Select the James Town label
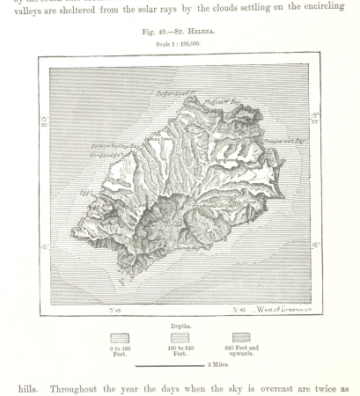click(155, 137)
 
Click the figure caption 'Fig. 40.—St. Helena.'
click(180, 32)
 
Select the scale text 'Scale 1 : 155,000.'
click(180, 43)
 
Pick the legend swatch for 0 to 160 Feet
click(120, 338)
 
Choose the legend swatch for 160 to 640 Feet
click(180, 338)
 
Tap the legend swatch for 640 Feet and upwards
click(239, 338)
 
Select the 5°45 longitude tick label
click(114, 310)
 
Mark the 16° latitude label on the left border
click(44, 247)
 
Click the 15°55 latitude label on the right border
click(315, 116)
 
